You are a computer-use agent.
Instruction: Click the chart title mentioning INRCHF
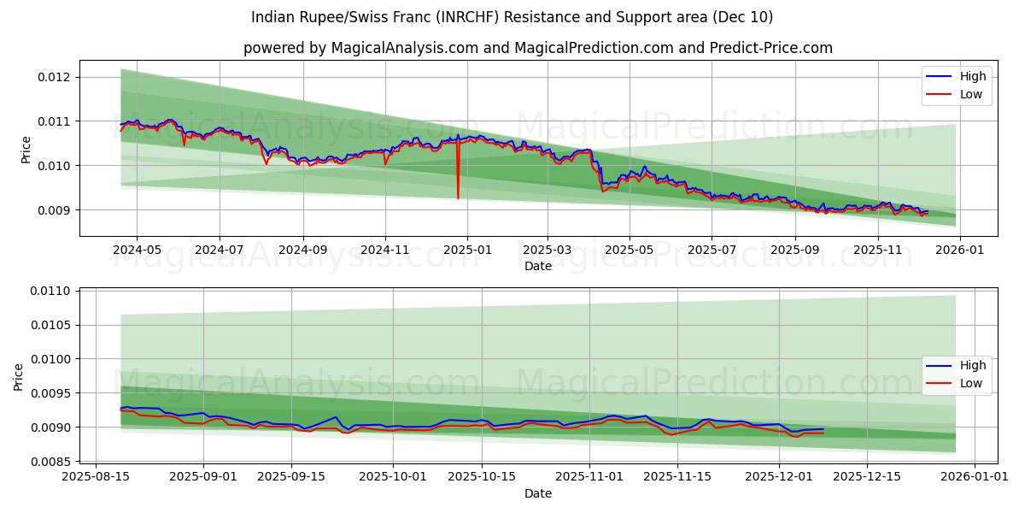click(x=512, y=17)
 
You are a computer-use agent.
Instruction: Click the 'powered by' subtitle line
click(x=538, y=48)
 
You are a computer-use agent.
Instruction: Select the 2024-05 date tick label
click(x=137, y=250)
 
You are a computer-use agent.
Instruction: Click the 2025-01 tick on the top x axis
click(x=466, y=250)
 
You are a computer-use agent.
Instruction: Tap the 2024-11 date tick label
click(x=384, y=250)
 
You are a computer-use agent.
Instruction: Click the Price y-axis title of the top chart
click(x=26, y=150)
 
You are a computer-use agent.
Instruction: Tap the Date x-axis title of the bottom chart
click(x=538, y=493)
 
